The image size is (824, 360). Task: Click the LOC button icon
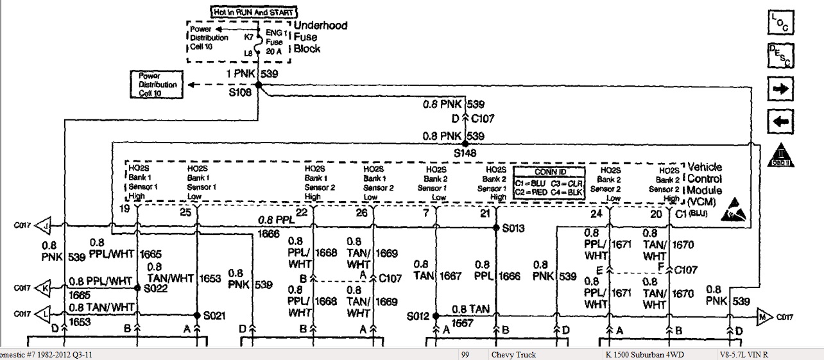point(780,23)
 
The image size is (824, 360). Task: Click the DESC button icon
point(780,56)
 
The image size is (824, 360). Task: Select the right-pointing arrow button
point(780,89)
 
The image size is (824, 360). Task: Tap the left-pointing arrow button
point(780,121)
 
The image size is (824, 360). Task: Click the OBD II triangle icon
point(780,153)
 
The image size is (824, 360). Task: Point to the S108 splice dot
point(259,85)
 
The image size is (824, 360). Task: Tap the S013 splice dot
point(496,227)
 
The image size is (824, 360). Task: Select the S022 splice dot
point(137,288)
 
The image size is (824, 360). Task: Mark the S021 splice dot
point(197,315)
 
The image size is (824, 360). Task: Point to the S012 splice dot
point(436,316)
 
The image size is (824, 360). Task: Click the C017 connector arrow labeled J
point(44,225)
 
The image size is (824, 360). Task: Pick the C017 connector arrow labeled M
point(762,316)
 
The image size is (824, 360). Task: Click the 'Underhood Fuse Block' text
point(320,37)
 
